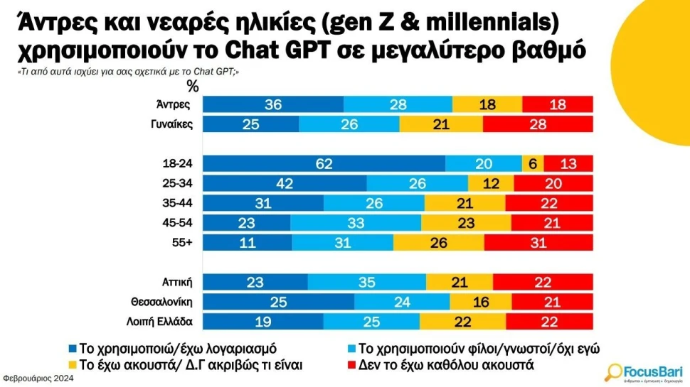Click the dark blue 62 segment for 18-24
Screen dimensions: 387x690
coord(324,163)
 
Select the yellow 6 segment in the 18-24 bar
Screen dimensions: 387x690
coord(533,163)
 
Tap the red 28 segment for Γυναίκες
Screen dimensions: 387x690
coord(538,124)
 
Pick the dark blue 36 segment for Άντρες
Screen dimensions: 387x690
coord(273,104)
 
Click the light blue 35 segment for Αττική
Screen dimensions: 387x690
coord(366,283)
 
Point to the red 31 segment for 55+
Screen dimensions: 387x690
coord(538,243)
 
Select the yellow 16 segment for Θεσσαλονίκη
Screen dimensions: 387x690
coord(481,302)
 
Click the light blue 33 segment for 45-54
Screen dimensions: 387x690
coord(356,223)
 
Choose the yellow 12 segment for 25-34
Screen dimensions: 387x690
coord(491,183)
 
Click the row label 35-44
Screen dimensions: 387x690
coord(178,203)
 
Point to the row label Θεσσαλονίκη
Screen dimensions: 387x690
coord(168,302)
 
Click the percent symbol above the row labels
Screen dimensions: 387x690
coord(193,87)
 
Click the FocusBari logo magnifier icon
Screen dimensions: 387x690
coord(614,371)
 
